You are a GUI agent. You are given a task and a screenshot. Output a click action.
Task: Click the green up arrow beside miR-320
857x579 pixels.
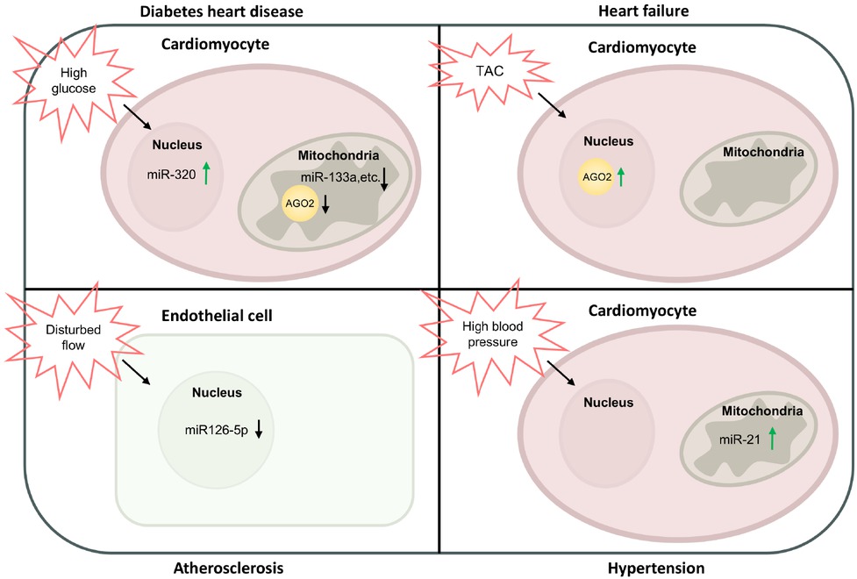tap(206, 173)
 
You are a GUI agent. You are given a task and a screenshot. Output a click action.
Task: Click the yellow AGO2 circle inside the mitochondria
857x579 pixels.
tap(296, 204)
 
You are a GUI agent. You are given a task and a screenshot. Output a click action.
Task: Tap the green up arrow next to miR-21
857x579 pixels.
tap(772, 438)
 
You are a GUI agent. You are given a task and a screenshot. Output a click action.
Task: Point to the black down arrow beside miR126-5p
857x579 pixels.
tap(259, 430)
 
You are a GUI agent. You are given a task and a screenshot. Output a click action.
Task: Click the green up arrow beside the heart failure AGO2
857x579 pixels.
tap(622, 176)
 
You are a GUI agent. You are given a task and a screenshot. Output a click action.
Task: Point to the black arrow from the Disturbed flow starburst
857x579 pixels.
tap(136, 371)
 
